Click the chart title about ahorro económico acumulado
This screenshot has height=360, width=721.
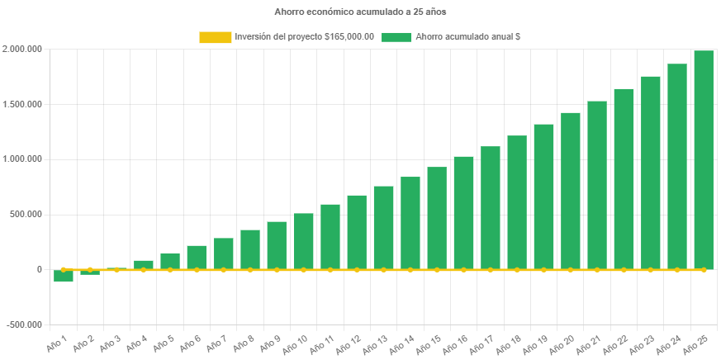tap(360, 12)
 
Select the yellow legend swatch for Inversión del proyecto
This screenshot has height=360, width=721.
tap(215, 37)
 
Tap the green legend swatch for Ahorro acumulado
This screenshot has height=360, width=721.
tap(397, 37)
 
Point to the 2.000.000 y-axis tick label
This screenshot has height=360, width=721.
tap(22, 50)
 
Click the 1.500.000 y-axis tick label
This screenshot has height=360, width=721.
tap(22, 105)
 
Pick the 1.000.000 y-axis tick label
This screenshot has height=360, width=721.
tap(22, 159)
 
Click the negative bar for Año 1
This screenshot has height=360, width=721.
tap(64, 276)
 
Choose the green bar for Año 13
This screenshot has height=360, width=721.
tap(383, 228)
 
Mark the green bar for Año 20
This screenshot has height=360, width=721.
tap(570, 191)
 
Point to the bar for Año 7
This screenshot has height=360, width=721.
tap(224, 253)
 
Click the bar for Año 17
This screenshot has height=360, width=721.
tap(490, 208)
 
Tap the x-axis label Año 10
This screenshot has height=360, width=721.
tap(295, 340)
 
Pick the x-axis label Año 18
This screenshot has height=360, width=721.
tap(508, 340)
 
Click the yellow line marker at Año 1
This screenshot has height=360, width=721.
tap(64, 270)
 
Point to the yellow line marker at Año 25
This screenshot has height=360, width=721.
tap(704, 270)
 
